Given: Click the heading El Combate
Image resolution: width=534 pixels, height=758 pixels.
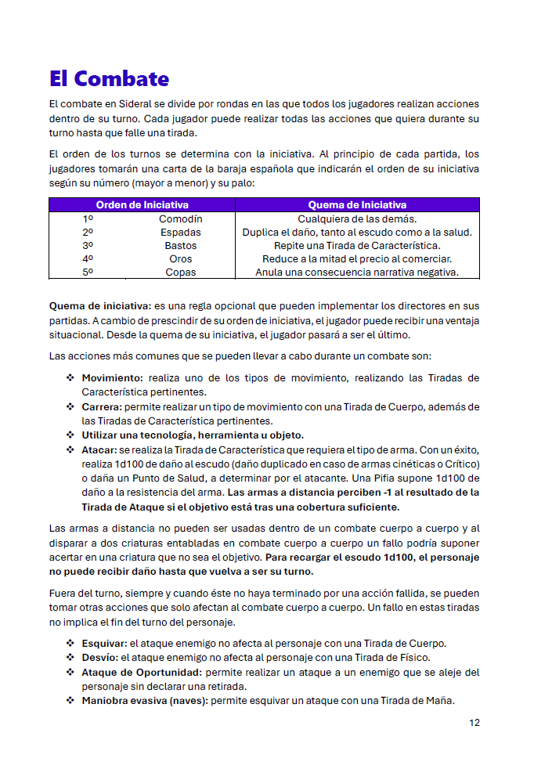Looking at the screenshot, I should pyautogui.click(x=109, y=78).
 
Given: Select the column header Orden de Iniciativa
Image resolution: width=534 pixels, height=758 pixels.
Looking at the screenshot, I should pyautogui.click(x=142, y=205).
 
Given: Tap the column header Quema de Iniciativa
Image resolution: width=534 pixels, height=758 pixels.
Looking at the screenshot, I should pyautogui.click(x=357, y=205).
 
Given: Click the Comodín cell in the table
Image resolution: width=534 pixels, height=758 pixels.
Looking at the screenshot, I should pyautogui.click(x=181, y=219).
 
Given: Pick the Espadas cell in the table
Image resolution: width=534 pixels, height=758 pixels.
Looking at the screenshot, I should pyautogui.click(x=181, y=233).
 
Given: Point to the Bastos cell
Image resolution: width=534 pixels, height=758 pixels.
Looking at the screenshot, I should pyautogui.click(x=181, y=246).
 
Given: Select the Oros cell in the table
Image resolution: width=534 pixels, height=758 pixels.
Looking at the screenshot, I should pyautogui.click(x=181, y=259).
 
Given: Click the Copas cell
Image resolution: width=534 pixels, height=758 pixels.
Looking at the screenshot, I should pyautogui.click(x=181, y=273).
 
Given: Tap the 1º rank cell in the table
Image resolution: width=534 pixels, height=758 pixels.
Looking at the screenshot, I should pyautogui.click(x=88, y=219).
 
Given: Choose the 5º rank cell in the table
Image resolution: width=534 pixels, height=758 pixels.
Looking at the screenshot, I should pyautogui.click(x=88, y=273).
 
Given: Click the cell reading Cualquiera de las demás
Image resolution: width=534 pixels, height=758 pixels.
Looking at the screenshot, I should pyautogui.click(x=357, y=219).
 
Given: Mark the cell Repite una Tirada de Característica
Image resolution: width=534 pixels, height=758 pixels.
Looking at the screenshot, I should pyautogui.click(x=357, y=246).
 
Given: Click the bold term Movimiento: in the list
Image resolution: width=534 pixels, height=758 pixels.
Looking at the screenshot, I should pyautogui.click(x=112, y=378).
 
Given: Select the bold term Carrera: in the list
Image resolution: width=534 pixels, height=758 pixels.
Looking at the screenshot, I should pyautogui.click(x=102, y=407).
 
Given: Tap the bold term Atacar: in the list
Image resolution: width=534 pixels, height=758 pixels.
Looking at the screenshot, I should pyautogui.click(x=99, y=450).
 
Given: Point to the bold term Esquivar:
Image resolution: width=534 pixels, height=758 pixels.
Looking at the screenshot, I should pyautogui.click(x=104, y=644).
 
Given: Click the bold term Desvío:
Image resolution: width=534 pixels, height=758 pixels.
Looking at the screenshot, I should pyautogui.click(x=100, y=658).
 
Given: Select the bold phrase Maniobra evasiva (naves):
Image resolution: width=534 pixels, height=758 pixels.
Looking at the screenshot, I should pyautogui.click(x=145, y=700).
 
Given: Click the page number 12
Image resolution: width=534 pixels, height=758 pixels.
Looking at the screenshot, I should pyautogui.click(x=474, y=723).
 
